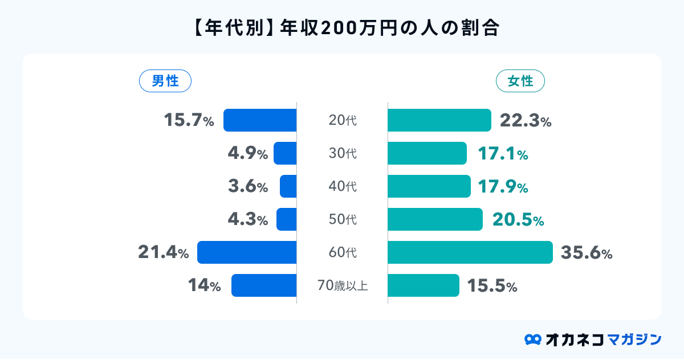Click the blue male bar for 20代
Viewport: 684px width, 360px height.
pos(260,120)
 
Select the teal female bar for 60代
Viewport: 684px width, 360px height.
pos(470,252)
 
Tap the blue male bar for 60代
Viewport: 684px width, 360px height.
pos(247,252)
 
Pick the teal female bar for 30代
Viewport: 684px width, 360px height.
pos(427,153)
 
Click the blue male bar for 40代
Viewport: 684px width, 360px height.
pos(288,186)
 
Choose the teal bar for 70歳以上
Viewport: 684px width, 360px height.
pos(423,285)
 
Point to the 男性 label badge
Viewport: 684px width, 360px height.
pos(165,81)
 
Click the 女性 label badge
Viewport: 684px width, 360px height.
pos(520,81)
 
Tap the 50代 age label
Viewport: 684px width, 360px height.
pos(343,219)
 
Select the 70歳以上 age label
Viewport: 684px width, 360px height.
pos(343,285)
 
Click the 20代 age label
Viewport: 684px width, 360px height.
pos(343,120)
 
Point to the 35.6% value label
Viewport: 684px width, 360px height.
pos(587,253)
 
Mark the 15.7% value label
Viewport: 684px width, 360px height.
pos(189,121)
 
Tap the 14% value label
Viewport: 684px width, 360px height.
pos(204,286)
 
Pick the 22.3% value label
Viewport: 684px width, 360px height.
pos(525,121)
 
